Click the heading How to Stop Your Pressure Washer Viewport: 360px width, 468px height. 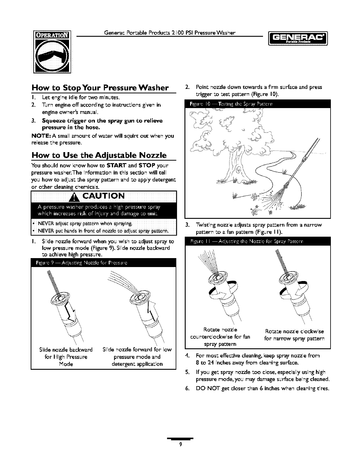click(x=100, y=88)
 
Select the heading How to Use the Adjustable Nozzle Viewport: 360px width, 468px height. click(x=99, y=155)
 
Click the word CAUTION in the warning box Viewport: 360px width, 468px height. click(x=103, y=196)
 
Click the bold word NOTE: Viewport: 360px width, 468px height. click(x=41, y=136)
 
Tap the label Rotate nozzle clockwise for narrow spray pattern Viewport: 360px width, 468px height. click(x=294, y=335)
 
